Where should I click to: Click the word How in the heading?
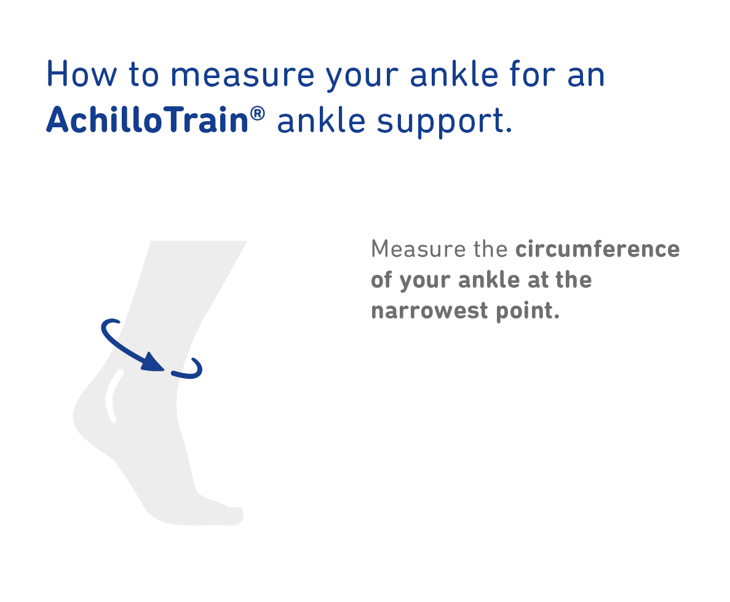tap(82, 74)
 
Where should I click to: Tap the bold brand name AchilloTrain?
tap(148, 120)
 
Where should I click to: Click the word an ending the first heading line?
tap(586, 77)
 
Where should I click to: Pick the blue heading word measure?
tap(242, 76)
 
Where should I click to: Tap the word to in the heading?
tap(144, 75)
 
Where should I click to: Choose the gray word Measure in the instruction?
tap(418, 248)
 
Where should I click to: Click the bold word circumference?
tap(598, 248)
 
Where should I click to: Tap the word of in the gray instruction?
tap(381, 279)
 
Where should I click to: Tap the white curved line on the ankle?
tap(111, 396)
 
